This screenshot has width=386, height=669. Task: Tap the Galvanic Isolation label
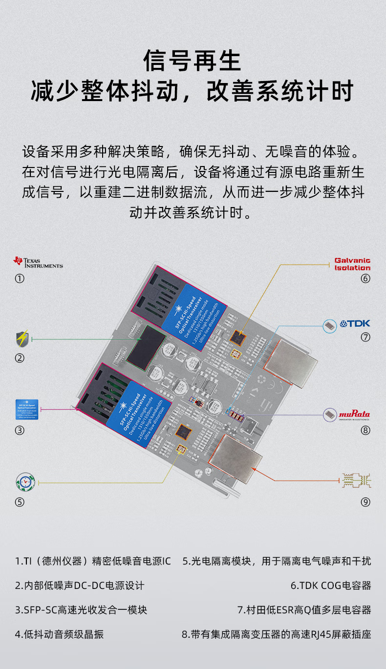(352, 264)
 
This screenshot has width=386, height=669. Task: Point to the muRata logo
(354, 415)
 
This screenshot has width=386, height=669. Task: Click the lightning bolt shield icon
(22, 338)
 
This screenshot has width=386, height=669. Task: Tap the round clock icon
(25, 482)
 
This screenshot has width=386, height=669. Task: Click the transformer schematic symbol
(357, 481)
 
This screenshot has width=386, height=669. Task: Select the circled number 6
(365, 279)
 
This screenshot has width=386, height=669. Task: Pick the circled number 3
(20, 430)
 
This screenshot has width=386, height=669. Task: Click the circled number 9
(365, 502)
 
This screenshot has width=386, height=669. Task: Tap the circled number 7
(365, 337)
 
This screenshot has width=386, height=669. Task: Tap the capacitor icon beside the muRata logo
(330, 415)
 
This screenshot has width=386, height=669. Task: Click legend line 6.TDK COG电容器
(331, 585)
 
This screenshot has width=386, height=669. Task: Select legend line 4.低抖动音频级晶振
(59, 634)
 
